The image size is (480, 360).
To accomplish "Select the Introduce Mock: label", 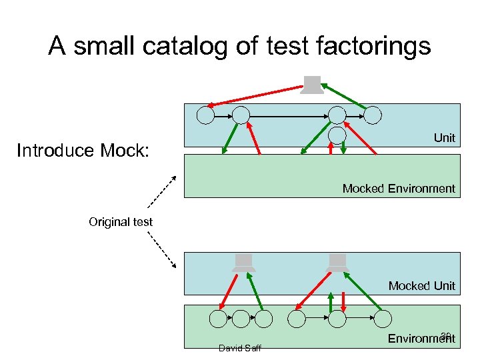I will click(x=84, y=151).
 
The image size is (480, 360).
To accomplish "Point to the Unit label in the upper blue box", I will click(x=444, y=138).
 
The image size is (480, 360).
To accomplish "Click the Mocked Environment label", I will click(x=399, y=189).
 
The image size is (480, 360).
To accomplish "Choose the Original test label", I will click(x=121, y=222).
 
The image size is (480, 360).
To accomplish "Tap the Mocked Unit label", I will click(x=422, y=286).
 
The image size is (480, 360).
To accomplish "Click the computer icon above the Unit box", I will click(x=311, y=85).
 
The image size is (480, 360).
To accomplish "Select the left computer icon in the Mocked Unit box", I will click(x=244, y=263).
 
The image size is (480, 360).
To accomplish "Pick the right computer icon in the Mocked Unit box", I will click(x=338, y=263).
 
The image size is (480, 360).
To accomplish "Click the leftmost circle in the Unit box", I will click(x=206, y=115).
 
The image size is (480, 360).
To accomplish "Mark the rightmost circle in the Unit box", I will click(x=373, y=115).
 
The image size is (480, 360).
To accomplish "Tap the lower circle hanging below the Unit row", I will click(x=338, y=135).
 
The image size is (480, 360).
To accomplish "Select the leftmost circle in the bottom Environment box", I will click(x=218, y=319).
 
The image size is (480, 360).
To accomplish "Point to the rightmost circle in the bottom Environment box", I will click(x=383, y=319).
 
